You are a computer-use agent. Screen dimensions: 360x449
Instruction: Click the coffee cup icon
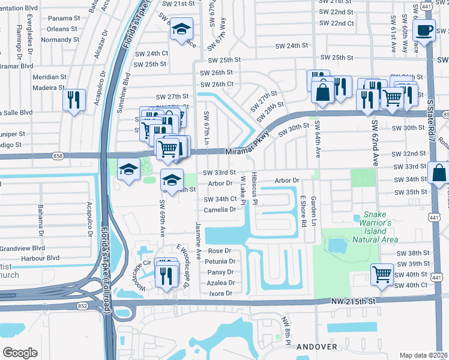pyautogui.click(x=424, y=29)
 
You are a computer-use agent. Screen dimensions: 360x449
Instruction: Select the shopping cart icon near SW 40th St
pyautogui.click(x=382, y=275)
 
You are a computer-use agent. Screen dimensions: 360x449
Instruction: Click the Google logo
pyautogui.click(x=20, y=352)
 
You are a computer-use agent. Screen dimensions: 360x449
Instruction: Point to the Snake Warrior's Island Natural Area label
pyautogui.click(x=372, y=230)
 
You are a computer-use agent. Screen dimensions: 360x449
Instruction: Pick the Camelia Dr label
pyautogui.click(x=220, y=209)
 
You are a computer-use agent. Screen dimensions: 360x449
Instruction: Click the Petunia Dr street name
pyautogui.click(x=220, y=262)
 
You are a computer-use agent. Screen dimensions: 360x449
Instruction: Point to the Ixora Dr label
pyautogui.click(x=220, y=293)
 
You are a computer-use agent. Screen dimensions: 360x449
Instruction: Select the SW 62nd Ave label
pyautogui.click(x=373, y=145)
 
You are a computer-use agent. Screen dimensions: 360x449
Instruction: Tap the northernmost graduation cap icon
pyautogui.click(x=181, y=29)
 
